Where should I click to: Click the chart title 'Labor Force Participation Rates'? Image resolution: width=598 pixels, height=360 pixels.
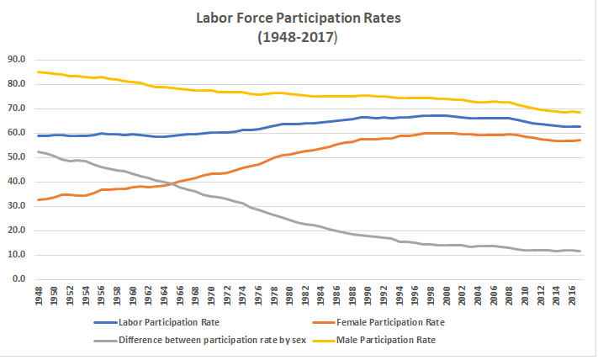[x=298, y=17]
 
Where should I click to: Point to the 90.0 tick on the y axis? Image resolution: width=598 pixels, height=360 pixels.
[x=16, y=60]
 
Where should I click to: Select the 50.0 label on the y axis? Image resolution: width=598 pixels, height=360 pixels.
[x=16, y=157]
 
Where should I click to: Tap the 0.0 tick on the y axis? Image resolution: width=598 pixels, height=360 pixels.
[x=19, y=279]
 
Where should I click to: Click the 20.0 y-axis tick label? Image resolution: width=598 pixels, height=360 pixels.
[x=16, y=230]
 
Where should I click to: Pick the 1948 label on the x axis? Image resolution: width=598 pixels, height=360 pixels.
[x=40, y=297]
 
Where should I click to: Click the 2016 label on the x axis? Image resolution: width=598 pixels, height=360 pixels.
[x=573, y=297]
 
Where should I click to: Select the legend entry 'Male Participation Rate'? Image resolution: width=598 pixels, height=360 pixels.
[x=388, y=341]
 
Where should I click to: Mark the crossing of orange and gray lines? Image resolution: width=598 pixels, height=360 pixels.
[x=170, y=183]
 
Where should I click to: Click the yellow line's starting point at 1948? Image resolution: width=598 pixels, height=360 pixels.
[x=40, y=71]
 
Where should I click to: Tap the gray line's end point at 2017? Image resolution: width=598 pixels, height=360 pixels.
[x=580, y=251]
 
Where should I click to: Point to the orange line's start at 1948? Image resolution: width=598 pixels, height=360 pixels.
[x=40, y=199]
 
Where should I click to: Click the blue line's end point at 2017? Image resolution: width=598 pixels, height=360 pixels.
[x=580, y=126]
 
